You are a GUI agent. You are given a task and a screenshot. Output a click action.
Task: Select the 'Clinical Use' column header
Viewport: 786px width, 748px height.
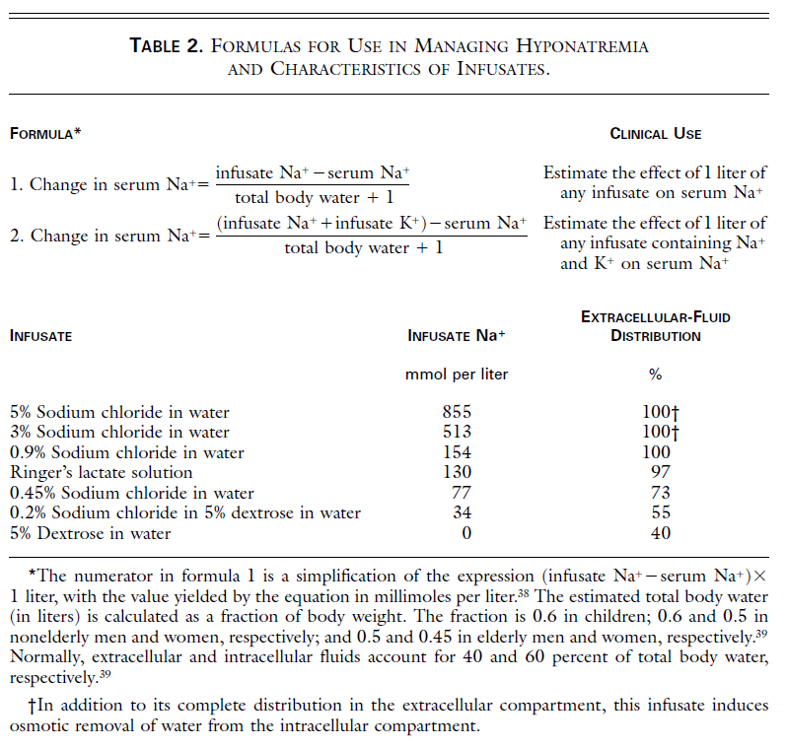656,133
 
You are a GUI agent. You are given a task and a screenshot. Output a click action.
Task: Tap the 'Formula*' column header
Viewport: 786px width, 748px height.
45,133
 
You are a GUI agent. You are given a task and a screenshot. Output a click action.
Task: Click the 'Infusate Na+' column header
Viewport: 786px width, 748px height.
457,335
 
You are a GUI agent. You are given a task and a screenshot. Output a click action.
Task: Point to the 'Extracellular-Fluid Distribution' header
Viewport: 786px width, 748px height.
656,326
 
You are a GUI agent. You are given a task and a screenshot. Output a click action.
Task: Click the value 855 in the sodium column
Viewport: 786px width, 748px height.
457,412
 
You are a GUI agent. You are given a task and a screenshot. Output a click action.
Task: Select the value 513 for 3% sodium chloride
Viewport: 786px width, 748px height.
457,432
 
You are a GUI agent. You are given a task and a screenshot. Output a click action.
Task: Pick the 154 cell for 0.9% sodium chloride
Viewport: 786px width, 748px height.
457,452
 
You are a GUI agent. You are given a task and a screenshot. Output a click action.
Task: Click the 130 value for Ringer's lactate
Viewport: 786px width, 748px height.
457,472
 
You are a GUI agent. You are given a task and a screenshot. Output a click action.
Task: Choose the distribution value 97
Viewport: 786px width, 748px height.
660,472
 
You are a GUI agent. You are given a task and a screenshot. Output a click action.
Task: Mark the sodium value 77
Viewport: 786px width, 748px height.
462,493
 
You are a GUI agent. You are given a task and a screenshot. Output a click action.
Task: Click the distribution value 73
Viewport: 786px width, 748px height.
660,493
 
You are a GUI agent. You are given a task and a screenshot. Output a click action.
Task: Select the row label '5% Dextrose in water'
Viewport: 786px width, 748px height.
91,533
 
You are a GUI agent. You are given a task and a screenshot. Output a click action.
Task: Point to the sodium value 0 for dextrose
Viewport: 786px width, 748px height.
466,533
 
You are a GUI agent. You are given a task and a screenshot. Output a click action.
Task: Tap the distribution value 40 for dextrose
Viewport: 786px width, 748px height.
660,533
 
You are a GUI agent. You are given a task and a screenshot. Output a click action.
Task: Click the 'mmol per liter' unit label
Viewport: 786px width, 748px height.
457,374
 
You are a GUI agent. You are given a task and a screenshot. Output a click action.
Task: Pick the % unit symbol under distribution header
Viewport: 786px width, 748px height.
655,374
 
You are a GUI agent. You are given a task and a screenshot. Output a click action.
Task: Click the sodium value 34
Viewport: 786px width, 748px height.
462,512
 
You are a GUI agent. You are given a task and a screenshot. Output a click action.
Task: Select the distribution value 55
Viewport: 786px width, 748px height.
660,512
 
